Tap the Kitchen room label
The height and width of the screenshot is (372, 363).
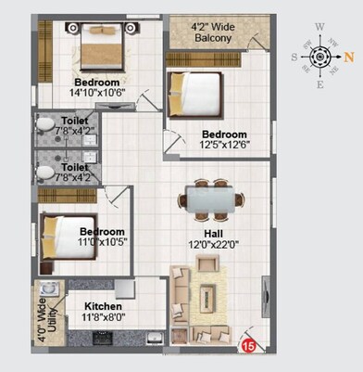click(105, 305)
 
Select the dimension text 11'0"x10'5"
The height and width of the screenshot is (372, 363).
click(101, 241)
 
